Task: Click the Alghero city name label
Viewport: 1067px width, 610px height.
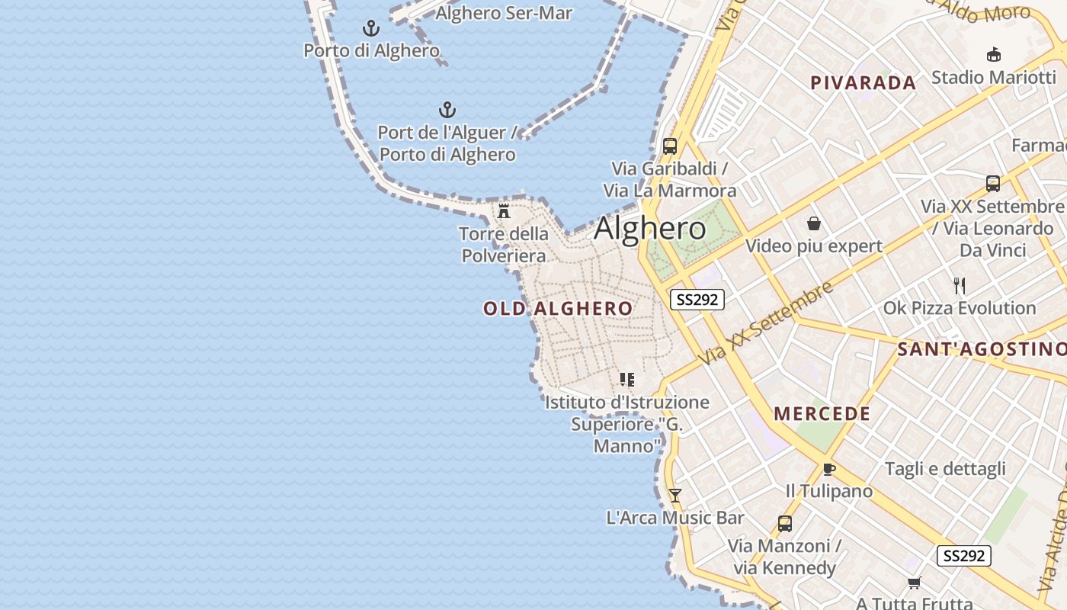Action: (649, 228)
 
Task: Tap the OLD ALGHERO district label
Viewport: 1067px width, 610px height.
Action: (558, 308)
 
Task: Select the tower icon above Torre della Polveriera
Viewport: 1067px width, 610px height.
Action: (504, 210)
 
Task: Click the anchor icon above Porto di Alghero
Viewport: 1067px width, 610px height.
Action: (371, 29)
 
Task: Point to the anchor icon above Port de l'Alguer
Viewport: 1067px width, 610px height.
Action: (447, 110)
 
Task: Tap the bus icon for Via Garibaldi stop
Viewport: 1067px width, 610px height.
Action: (670, 146)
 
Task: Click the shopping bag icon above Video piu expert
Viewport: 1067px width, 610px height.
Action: (814, 223)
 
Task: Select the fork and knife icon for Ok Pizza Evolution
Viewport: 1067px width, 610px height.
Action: (960, 286)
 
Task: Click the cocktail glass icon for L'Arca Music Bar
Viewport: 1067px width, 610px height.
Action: (675, 496)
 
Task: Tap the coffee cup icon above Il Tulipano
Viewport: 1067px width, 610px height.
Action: (829, 469)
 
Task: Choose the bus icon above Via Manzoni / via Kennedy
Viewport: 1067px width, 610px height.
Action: (784, 524)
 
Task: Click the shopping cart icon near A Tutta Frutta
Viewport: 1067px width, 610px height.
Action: (915, 583)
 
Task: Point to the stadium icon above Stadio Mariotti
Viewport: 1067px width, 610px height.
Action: (994, 54)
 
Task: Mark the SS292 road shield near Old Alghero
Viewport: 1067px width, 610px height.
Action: (697, 300)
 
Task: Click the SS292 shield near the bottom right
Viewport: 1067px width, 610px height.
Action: (963, 556)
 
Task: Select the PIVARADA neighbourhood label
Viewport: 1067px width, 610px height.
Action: (863, 83)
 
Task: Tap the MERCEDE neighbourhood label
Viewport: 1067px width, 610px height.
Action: (822, 414)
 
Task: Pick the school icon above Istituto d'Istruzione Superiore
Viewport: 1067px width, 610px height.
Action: (627, 379)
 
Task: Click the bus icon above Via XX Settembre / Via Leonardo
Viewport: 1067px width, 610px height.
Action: (992, 183)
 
